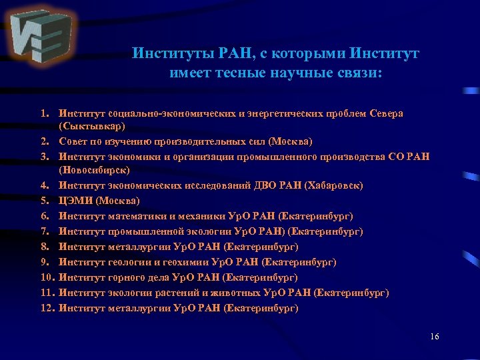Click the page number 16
pyautogui.click(x=435, y=336)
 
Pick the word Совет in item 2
pyautogui.click(x=71, y=141)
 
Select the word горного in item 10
pyautogui.click(x=121, y=277)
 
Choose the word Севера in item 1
pyautogui.click(x=386, y=113)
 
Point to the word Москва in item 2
pyautogui.click(x=291, y=141)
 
